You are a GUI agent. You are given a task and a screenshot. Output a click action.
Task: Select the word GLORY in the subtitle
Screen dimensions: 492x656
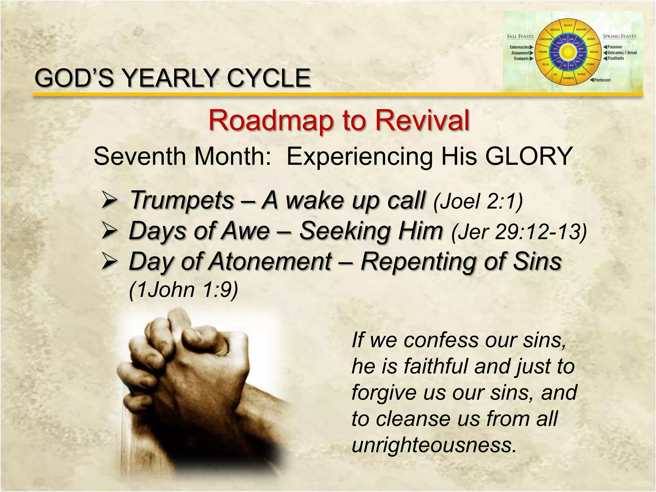pos(529,156)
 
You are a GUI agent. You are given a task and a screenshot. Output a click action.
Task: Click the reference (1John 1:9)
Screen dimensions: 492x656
pos(183,290)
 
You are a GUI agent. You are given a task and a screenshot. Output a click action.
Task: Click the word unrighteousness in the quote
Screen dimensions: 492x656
pos(434,445)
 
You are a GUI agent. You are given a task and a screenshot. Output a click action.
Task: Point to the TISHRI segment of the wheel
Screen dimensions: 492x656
pos(543,52)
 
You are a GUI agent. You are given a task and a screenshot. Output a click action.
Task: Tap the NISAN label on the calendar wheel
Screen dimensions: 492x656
pos(594,52)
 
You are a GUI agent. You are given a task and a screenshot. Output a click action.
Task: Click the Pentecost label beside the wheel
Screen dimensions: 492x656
pos(602,80)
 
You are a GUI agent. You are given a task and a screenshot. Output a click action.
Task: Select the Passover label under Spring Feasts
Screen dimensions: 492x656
pos(615,47)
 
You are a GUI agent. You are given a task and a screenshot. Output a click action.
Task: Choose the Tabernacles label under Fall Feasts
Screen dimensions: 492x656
pos(519,47)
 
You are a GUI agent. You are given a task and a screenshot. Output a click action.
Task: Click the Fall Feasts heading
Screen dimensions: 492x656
pos(520,37)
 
